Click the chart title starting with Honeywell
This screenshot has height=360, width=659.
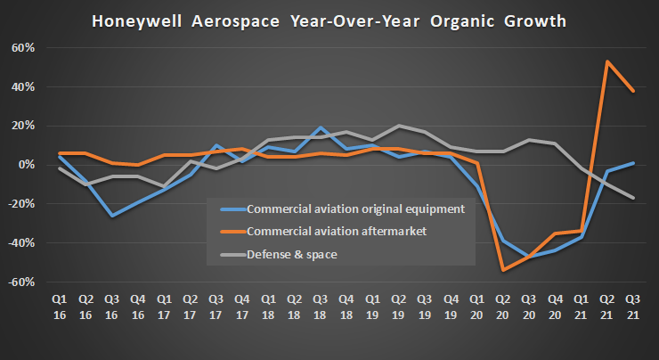point(329,19)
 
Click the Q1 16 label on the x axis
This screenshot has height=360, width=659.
point(59,307)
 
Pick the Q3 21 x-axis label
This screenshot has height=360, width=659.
point(633,307)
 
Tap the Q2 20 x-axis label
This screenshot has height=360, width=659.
point(502,307)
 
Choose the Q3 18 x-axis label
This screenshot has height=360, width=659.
point(320,307)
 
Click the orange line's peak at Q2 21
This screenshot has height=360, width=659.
point(606,61)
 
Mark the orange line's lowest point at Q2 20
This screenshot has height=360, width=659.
point(503,270)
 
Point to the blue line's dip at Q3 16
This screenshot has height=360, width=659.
point(111,216)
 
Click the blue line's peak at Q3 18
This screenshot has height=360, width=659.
point(320,127)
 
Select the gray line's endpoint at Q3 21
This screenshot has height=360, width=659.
point(633,198)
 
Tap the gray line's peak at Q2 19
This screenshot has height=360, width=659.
point(398,126)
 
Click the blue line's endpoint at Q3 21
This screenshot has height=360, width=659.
point(633,163)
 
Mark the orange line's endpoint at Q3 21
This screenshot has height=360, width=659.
point(633,91)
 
